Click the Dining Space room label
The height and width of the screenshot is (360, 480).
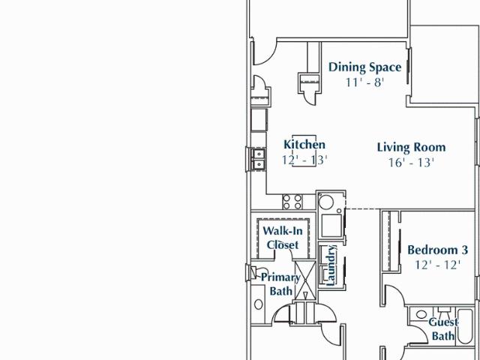pos(364,67)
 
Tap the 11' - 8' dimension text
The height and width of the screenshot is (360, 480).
pos(364,82)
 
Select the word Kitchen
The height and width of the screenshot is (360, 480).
pos(304,145)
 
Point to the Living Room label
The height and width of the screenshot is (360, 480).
pos(411,147)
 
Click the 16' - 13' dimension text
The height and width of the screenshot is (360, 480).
pos(411,163)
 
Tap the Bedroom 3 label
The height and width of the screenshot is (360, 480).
pos(437,250)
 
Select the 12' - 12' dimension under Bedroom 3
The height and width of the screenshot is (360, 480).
pos(437,265)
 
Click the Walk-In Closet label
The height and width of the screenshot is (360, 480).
pos(283,238)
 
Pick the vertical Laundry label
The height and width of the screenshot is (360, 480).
pos(331,265)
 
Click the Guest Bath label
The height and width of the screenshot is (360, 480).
pos(443,329)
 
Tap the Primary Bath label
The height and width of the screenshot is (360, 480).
pos(280,284)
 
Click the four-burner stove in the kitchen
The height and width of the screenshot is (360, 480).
pos(292,202)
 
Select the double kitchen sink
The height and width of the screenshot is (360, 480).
pos(259,159)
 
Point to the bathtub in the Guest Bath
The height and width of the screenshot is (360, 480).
pos(465,325)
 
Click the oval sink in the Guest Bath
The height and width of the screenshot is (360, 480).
pos(421,314)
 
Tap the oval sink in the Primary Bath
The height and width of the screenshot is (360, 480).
pos(258,304)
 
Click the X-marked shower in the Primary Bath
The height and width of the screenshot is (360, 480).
pos(305,280)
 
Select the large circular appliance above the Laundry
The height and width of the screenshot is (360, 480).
pos(326,202)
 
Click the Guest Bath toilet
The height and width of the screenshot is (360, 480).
pos(443,312)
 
